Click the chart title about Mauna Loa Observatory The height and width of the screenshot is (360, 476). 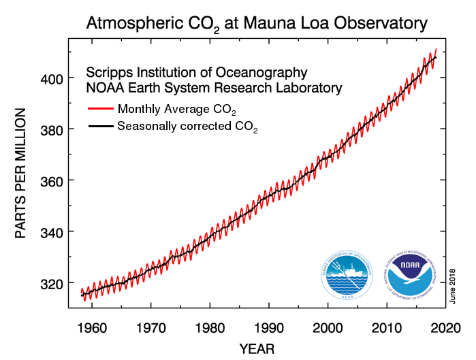[257, 23]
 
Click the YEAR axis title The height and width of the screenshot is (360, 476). [257, 349]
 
